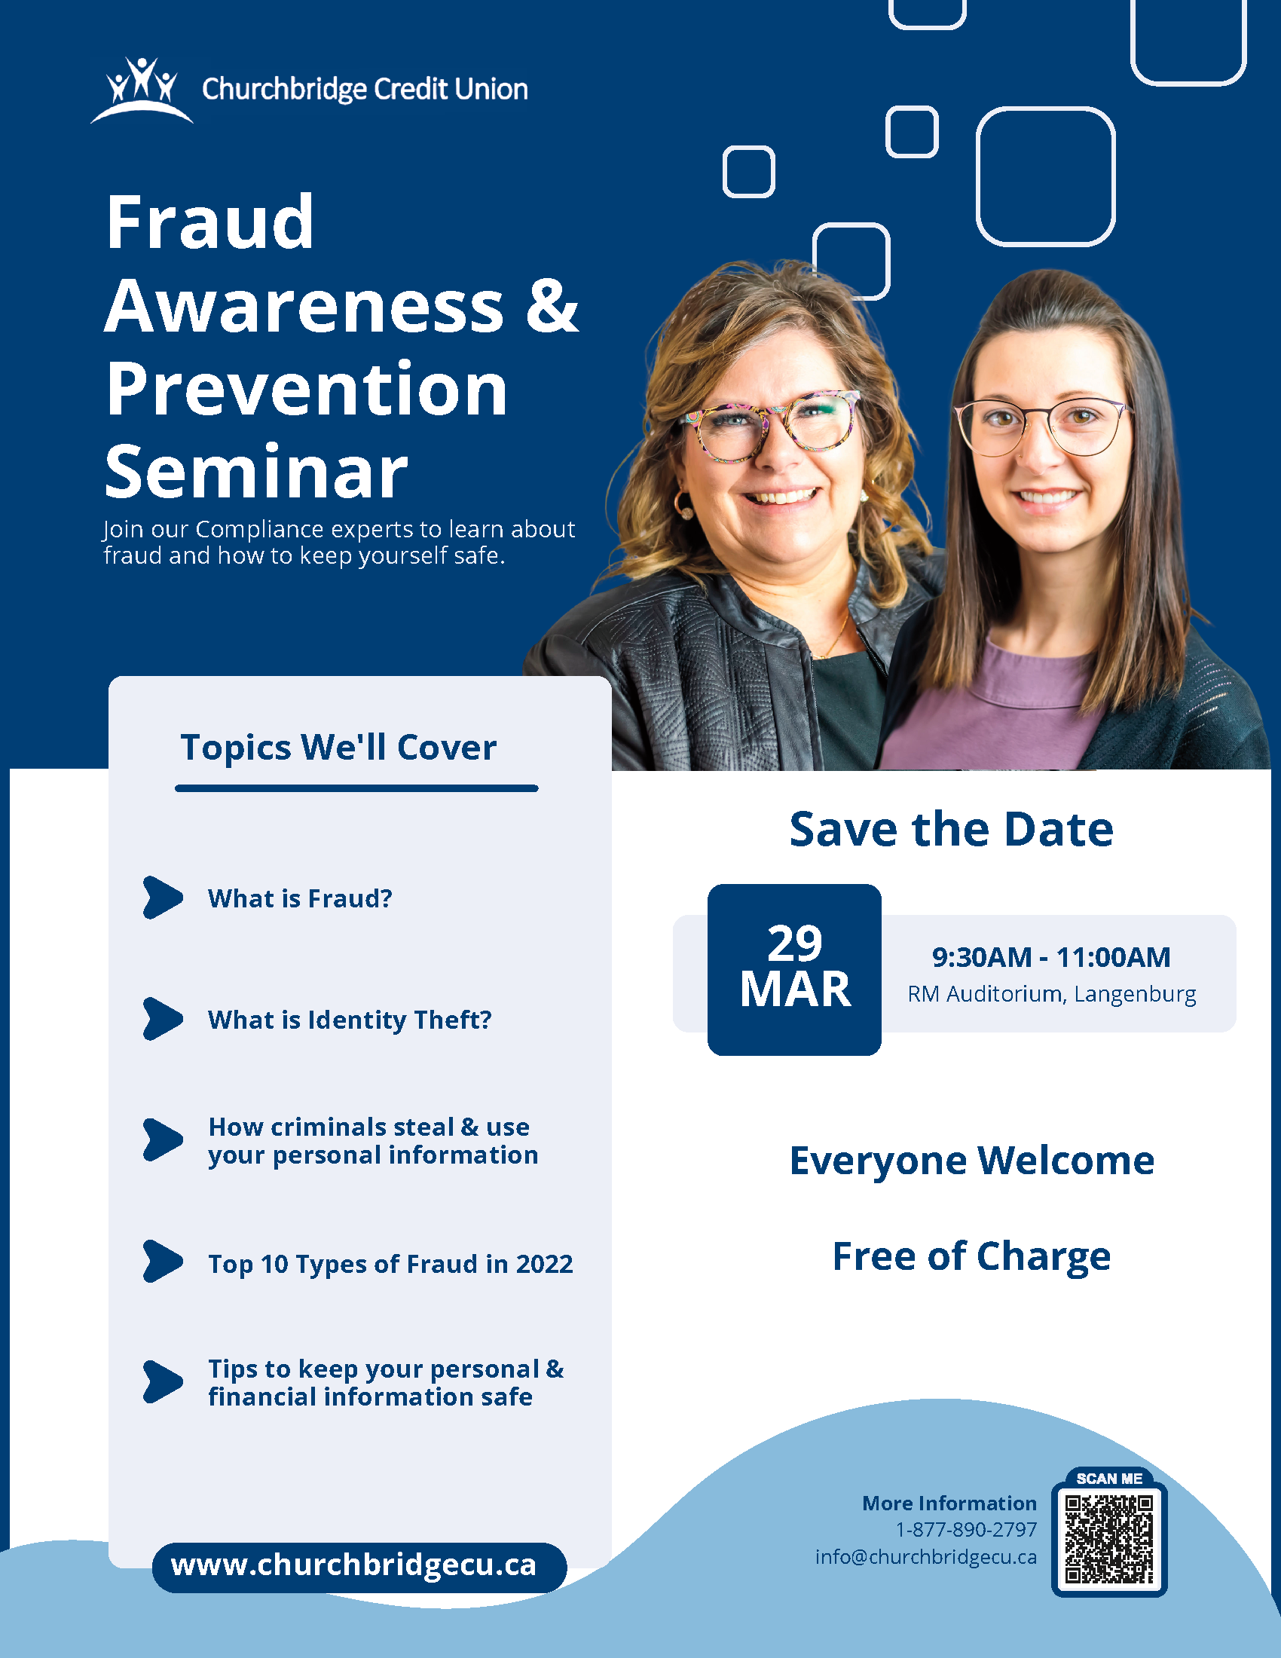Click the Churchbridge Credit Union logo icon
[142, 90]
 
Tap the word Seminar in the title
[256, 473]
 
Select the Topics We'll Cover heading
[338, 747]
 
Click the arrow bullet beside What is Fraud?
[164, 898]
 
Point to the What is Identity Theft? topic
[350, 1020]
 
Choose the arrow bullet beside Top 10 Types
[164, 1261]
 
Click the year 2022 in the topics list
[545, 1264]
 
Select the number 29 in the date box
[794, 943]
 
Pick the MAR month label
[795, 990]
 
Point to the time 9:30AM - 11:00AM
[1051, 957]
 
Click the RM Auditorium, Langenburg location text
[1052, 994]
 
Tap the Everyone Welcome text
[972, 1161]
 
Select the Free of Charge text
[971, 1256]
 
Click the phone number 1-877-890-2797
[966, 1529]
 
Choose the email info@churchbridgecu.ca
[926, 1557]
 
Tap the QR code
[1108, 1540]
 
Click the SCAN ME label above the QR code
[1108, 1478]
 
